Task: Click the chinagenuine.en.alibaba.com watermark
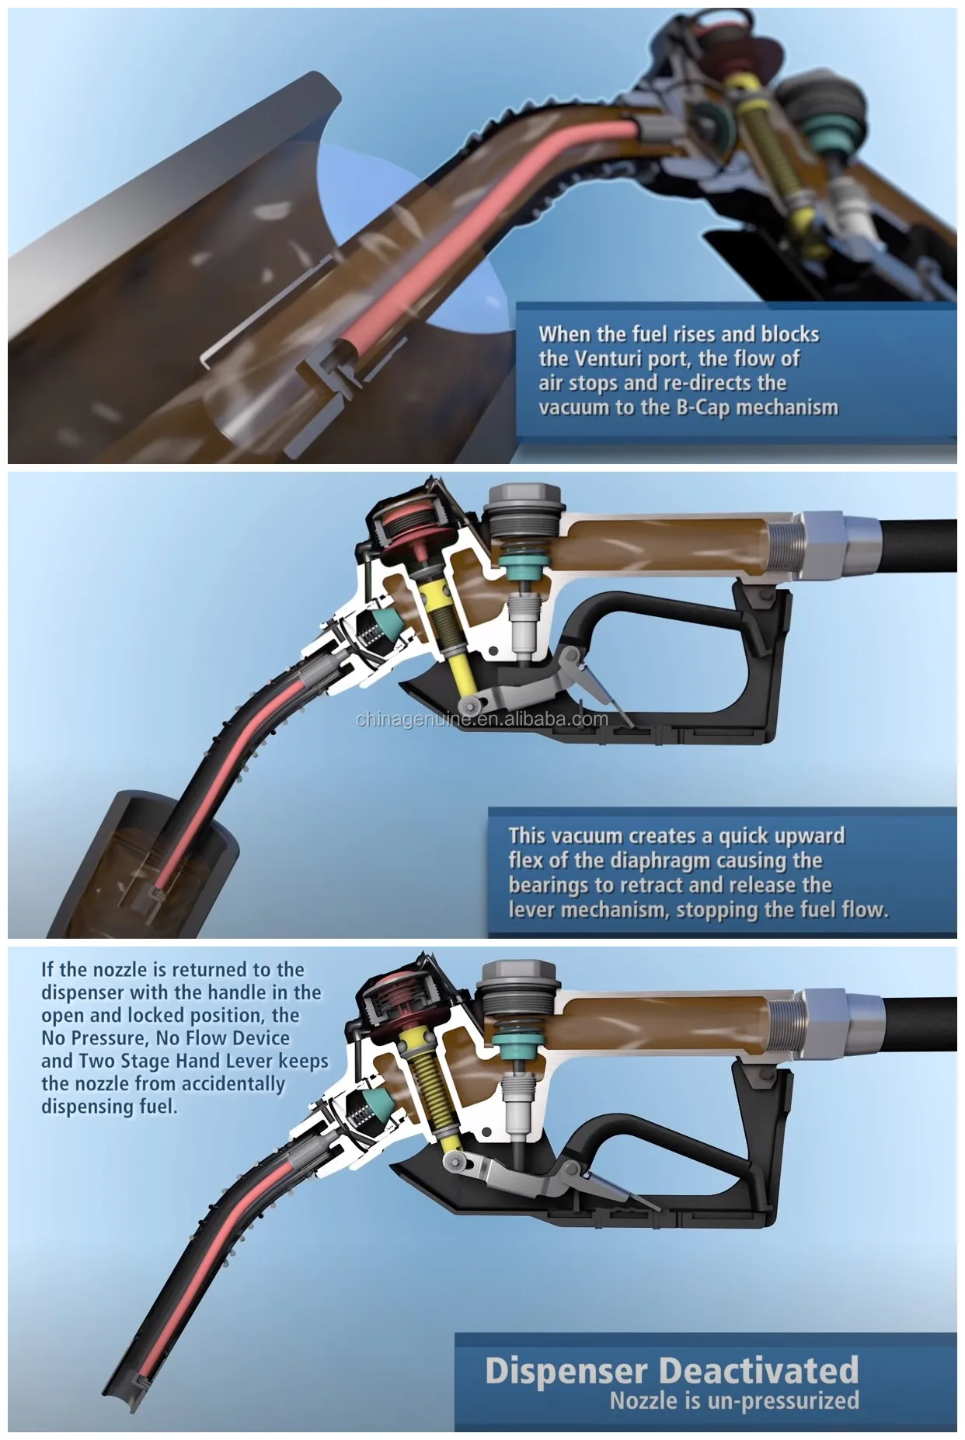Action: point(482,719)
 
